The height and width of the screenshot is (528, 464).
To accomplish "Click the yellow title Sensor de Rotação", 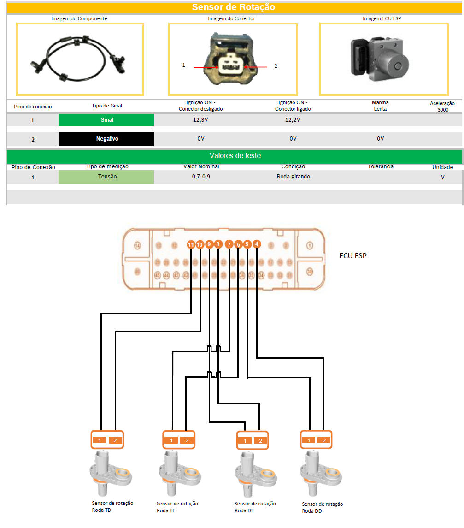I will tap(233, 7).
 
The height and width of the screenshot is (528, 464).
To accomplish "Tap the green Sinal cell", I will tap(106, 120).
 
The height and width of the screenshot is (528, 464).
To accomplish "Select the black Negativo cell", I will tap(106, 139).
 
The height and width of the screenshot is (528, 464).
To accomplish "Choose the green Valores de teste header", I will tap(235, 156).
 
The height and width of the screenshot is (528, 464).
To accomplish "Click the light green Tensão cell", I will tap(106, 177).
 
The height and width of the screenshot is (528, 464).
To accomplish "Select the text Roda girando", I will tap(293, 177).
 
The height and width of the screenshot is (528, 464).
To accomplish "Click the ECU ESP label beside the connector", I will tap(353, 255).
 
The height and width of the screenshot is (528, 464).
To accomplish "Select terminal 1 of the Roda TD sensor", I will tap(99, 440).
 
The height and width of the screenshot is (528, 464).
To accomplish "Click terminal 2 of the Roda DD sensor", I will tap(324, 440).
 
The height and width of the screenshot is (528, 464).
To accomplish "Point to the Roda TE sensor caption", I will tap(177, 507).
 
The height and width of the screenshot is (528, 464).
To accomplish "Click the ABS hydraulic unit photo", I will tap(383, 59).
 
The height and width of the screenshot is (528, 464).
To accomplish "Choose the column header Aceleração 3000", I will tap(442, 107).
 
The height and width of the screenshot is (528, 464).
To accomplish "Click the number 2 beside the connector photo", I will tap(276, 66).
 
